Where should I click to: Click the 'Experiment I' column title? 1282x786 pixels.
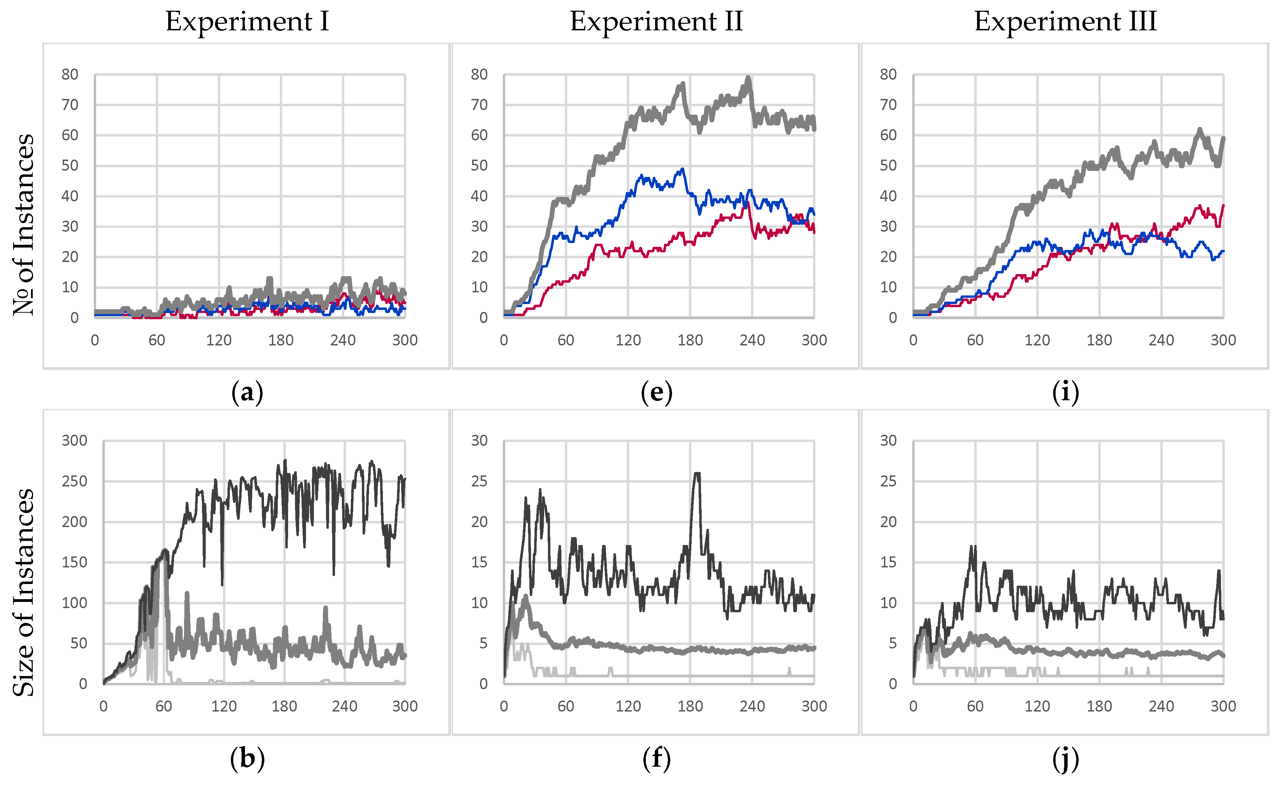tap(247, 21)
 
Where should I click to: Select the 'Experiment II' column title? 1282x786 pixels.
tap(656, 21)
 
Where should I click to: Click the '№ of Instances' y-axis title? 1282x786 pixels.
tap(24, 225)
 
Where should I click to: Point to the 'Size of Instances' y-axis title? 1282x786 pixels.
tap(24, 592)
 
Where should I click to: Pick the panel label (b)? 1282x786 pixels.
tap(247, 759)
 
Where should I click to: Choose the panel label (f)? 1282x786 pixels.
tap(657, 759)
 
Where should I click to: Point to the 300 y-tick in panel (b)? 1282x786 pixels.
tap(74, 441)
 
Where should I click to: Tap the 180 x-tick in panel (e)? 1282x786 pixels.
tap(690, 340)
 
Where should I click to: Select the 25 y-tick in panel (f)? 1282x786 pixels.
tap(479, 482)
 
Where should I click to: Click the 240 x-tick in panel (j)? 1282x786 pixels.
tap(1161, 706)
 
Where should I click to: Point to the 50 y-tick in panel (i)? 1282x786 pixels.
tap(888, 165)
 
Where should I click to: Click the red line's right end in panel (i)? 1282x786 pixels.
tap(1223, 205)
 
